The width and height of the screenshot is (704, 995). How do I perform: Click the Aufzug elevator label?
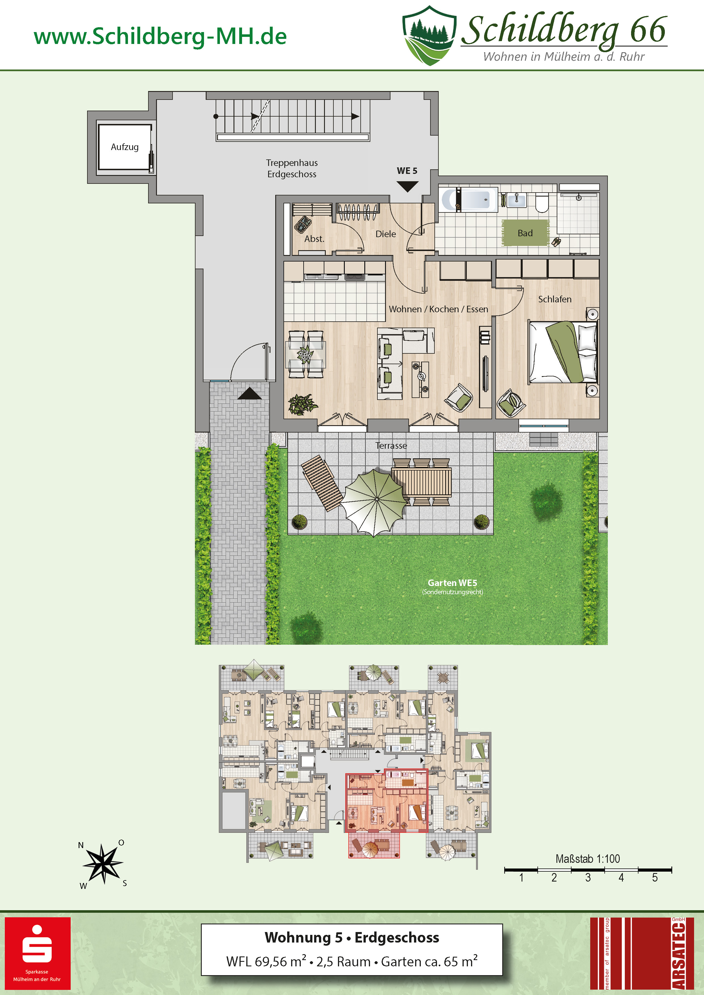pos(125,147)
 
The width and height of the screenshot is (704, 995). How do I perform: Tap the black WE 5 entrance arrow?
pos(407,186)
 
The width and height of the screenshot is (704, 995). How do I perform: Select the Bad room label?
pos(525,233)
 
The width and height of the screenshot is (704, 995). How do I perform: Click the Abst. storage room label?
pos(314,239)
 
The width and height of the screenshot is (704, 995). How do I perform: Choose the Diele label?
pos(386,234)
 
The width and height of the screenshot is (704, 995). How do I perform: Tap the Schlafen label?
pos(555,299)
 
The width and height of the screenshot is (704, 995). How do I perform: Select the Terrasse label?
pos(391,446)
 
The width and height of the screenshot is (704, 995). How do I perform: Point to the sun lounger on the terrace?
pos(323,483)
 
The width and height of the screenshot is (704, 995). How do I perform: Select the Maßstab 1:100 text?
pos(588,859)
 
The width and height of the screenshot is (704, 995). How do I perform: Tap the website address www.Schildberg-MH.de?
pos(160,36)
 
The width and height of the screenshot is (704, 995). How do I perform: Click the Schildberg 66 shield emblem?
pos(429,35)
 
